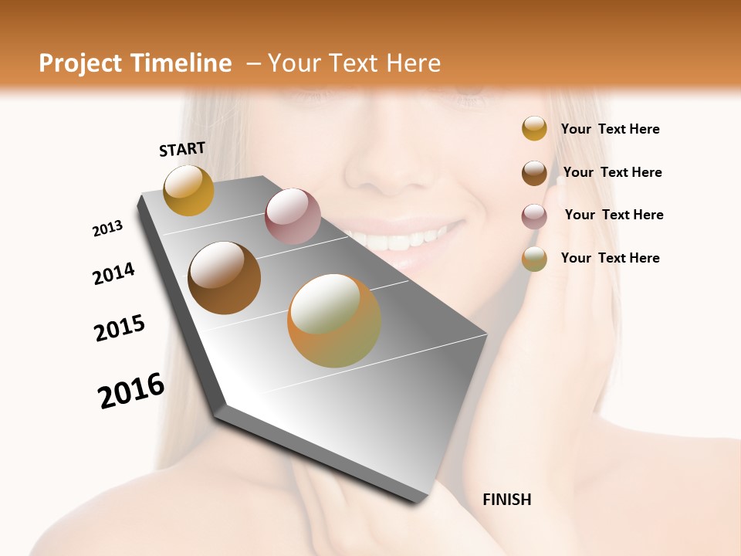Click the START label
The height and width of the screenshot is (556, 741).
(x=182, y=149)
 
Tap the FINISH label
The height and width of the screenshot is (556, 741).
(x=506, y=500)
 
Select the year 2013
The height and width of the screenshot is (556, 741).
(x=107, y=229)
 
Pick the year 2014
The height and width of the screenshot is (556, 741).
(x=113, y=273)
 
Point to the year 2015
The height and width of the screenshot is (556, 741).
(x=120, y=328)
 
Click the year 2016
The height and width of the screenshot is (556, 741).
(x=131, y=391)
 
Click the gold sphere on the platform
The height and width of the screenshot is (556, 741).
(x=188, y=190)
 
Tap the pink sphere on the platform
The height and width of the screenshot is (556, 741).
(x=293, y=216)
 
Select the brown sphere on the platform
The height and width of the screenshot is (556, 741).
(x=224, y=278)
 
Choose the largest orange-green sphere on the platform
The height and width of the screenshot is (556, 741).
(x=334, y=320)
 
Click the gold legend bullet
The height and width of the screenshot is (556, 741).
(x=534, y=129)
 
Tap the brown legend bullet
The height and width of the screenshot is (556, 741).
(x=534, y=173)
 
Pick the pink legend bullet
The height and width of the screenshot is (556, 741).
(x=534, y=216)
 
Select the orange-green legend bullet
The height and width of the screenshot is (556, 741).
(x=534, y=259)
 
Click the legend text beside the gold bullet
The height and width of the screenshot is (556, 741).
(x=610, y=129)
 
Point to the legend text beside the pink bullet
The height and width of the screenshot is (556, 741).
(x=614, y=215)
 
